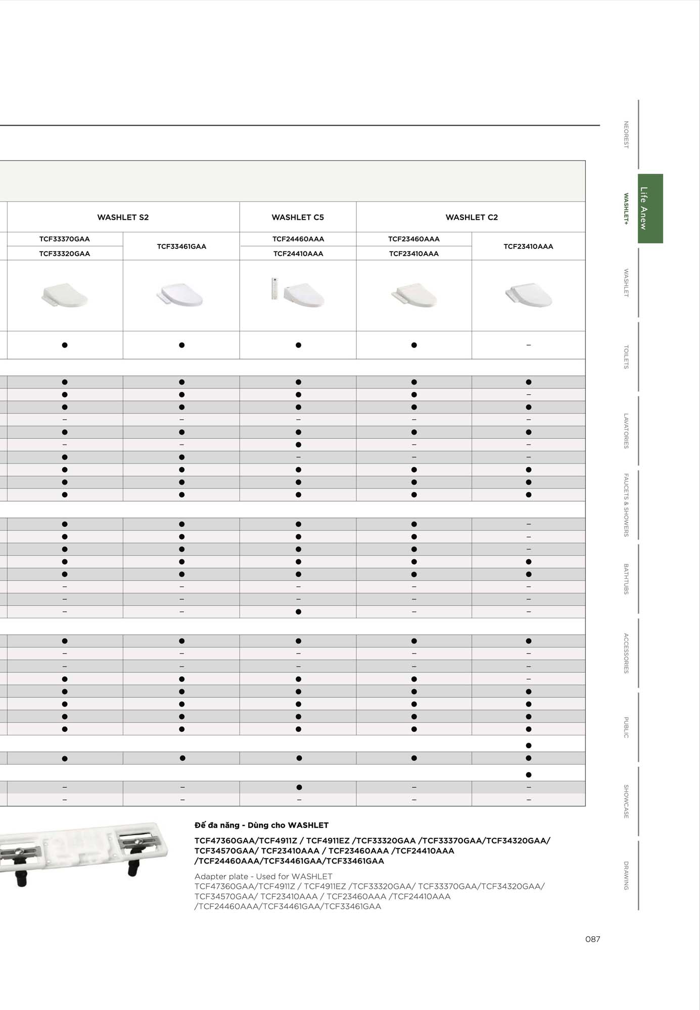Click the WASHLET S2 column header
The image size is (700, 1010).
(x=123, y=217)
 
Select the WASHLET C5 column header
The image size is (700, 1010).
(x=298, y=217)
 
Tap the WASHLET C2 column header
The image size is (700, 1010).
(x=472, y=217)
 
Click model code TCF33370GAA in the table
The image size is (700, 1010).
(x=65, y=239)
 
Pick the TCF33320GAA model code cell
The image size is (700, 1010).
(x=65, y=254)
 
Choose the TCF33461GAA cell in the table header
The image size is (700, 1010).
(x=181, y=246)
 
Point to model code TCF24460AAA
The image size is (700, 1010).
(x=298, y=239)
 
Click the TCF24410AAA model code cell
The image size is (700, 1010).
(x=298, y=254)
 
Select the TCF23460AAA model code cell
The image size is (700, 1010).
(x=414, y=239)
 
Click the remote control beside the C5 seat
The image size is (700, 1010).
(x=274, y=289)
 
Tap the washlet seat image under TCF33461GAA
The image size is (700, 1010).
(x=180, y=295)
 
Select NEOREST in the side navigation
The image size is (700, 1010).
(x=626, y=134)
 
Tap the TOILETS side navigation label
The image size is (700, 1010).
(x=626, y=357)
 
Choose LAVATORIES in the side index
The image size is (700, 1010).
(x=626, y=431)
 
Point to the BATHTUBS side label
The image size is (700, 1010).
(x=626, y=579)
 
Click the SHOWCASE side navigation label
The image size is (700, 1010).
(x=626, y=801)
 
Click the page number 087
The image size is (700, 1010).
(x=592, y=939)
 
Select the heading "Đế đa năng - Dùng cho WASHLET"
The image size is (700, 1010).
(x=261, y=825)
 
